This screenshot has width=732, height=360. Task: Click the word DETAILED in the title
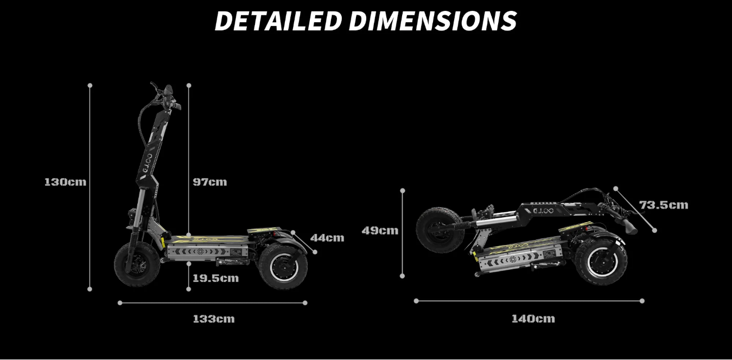[x=278, y=21]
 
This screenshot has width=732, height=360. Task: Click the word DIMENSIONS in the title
[x=432, y=21]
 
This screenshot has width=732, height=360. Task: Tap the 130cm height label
[x=65, y=182]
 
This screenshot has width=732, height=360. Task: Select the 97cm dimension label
[x=210, y=182]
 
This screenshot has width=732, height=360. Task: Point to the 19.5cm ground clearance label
[x=215, y=278]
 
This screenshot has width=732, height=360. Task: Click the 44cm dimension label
[x=327, y=238]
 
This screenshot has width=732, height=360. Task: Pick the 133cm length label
[x=214, y=319]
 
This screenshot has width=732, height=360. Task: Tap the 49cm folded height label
[x=380, y=231]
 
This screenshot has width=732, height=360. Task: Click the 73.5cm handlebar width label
[x=664, y=205]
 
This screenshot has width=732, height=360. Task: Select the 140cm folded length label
[x=533, y=319]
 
